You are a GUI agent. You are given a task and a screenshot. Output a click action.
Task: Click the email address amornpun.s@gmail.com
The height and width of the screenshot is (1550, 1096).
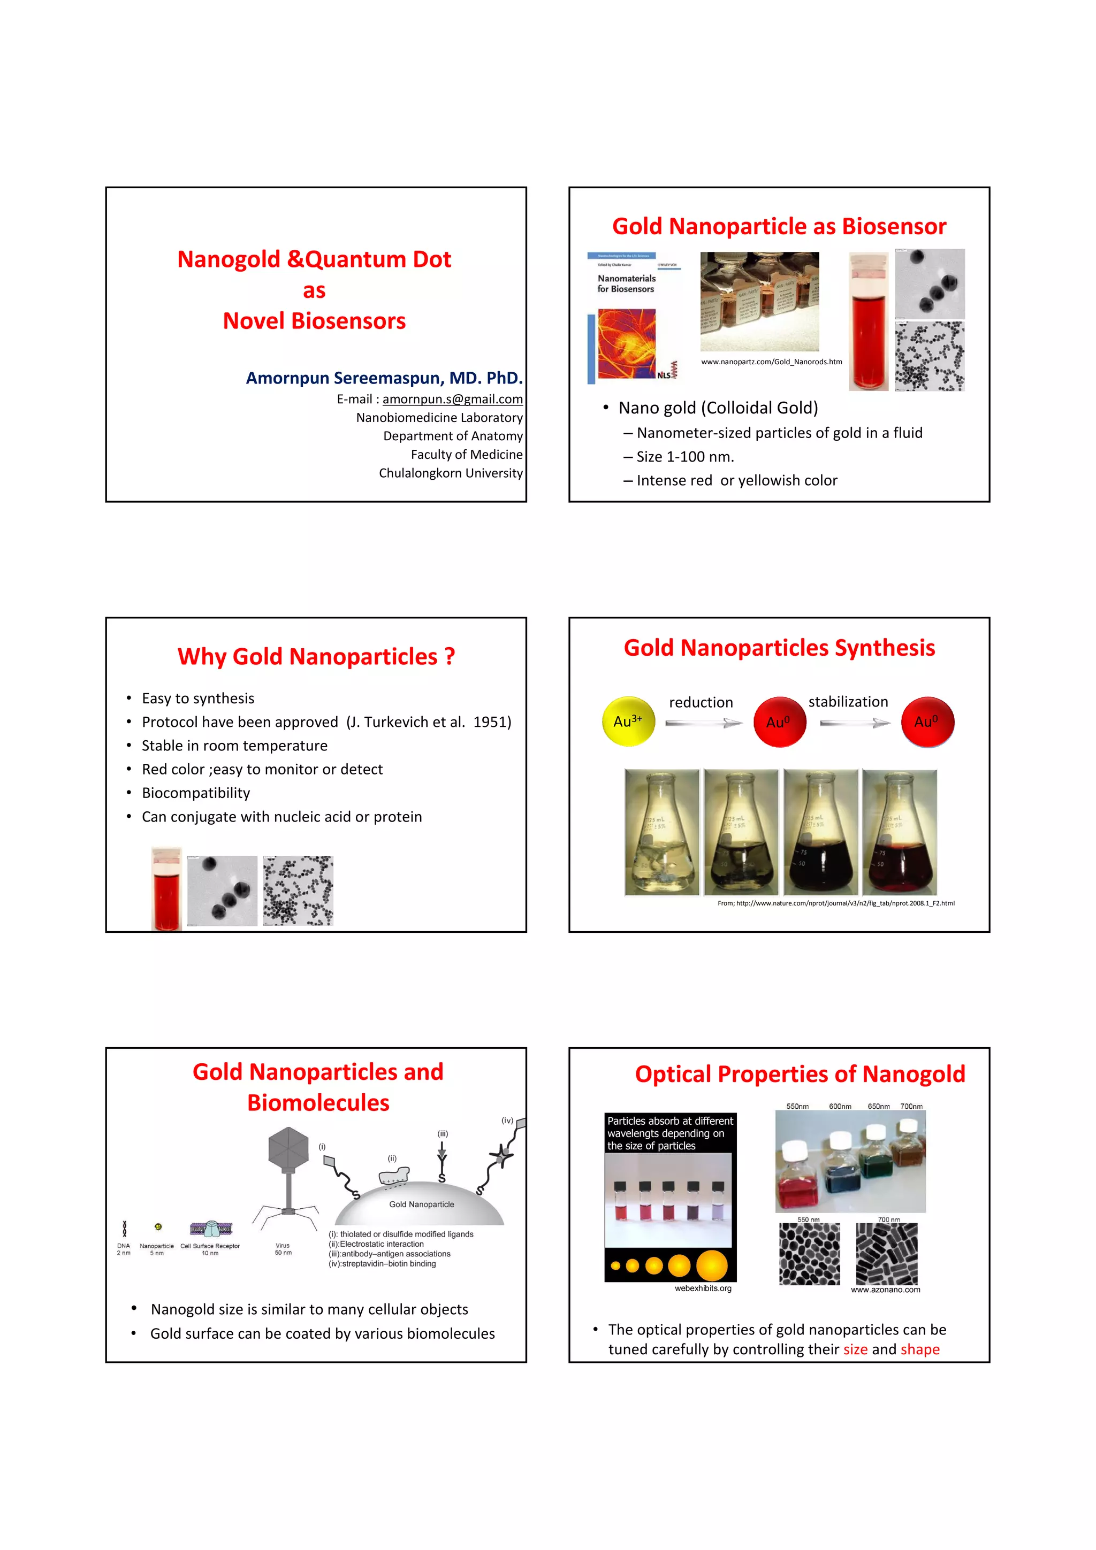point(452,399)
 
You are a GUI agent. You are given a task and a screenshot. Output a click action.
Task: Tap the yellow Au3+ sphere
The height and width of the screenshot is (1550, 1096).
point(628,721)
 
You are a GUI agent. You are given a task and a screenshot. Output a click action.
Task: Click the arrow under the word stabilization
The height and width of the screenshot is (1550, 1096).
point(854,723)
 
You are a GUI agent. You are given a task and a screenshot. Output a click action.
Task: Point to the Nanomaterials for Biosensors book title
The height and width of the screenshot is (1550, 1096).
point(626,283)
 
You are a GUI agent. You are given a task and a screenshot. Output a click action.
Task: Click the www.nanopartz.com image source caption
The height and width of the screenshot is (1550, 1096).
point(771,362)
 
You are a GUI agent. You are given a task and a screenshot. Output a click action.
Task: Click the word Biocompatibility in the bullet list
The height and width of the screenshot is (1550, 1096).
point(196,793)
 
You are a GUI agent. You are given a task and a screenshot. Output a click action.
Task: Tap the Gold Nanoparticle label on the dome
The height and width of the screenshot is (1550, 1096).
point(421,1204)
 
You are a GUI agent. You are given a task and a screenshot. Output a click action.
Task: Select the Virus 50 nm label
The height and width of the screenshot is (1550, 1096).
point(283,1249)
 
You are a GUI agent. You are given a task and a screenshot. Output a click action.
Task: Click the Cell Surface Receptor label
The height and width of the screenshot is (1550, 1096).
point(210,1246)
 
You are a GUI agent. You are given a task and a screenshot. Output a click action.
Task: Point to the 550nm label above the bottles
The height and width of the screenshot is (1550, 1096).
point(797,1107)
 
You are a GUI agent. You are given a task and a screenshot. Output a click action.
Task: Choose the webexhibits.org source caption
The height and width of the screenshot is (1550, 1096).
point(703,1288)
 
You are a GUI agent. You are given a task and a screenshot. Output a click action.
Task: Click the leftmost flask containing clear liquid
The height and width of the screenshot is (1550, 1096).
point(662,832)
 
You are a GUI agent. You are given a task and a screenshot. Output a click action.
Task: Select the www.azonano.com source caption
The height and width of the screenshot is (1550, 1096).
point(885,1290)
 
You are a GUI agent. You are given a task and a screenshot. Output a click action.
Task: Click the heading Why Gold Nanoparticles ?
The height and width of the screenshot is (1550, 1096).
point(316,656)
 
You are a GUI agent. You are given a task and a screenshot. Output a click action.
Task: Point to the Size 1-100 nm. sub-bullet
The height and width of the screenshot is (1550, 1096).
point(685,457)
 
